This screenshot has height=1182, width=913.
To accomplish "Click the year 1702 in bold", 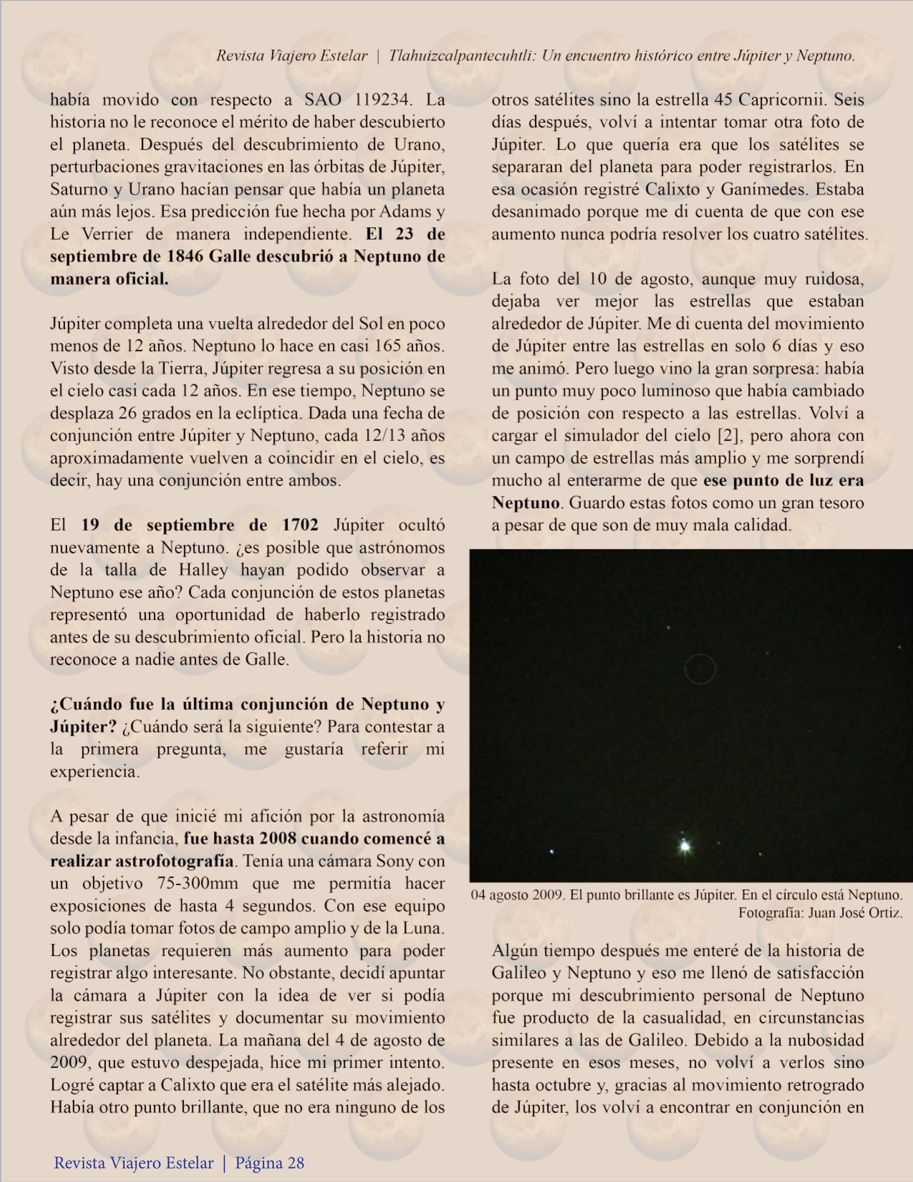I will click(x=300, y=525).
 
